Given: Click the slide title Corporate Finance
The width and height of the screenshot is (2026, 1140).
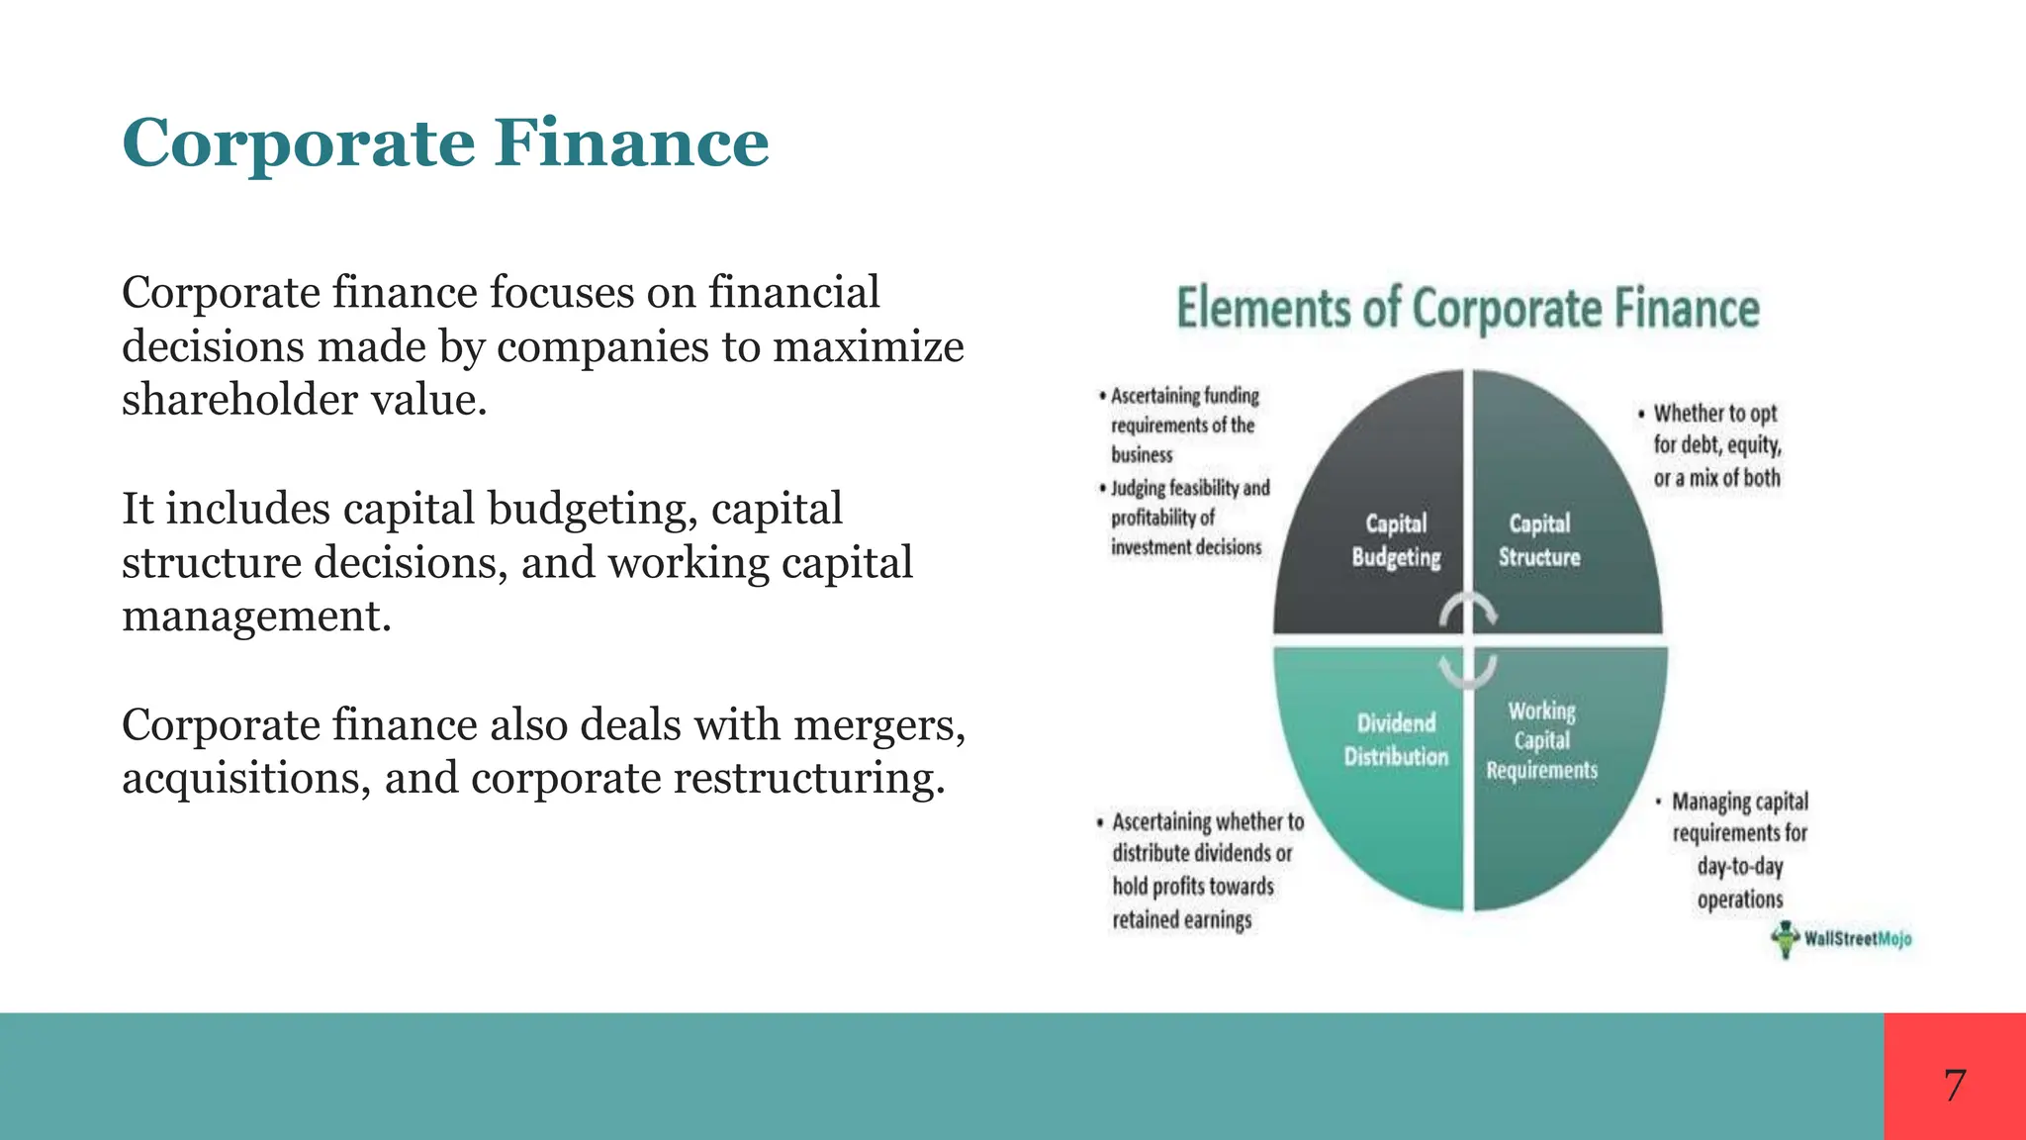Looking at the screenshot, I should pos(445,143).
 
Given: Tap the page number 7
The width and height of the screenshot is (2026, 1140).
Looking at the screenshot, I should pos(1954,1086).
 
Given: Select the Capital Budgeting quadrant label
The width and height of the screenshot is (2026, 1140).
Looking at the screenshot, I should pos(1396,540).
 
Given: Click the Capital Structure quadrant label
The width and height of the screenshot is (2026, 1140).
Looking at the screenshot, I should pos(1539,540).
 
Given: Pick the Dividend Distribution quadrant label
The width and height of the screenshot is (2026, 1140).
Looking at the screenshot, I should pos(1396,739).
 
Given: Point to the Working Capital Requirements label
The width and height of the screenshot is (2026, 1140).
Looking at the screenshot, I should pos(1541,740).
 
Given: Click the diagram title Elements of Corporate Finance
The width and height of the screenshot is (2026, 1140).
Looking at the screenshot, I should pos(1468,308).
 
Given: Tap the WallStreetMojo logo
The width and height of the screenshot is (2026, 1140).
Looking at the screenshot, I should pos(1842,939).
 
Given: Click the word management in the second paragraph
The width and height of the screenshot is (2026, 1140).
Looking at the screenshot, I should pos(256,617).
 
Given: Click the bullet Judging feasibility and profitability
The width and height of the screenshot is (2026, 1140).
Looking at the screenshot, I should pos(1187,518).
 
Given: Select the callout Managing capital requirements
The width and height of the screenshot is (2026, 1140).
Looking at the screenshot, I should pos(1739,850).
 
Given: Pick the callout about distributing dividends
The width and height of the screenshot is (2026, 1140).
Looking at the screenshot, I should pos(1201,871).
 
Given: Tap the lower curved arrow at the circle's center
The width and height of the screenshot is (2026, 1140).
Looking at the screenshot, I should pos(1468,671).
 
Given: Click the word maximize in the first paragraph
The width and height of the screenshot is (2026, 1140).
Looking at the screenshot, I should pos(868,346).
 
